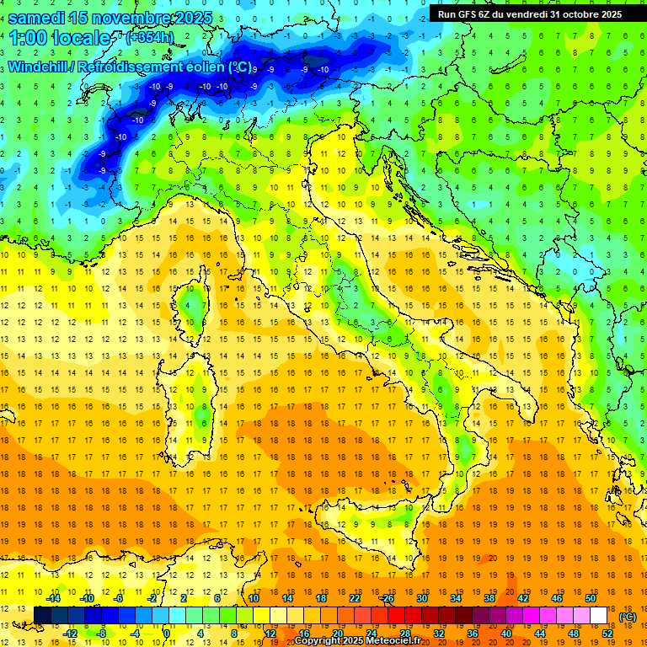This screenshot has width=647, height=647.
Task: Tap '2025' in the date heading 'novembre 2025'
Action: click(190, 18)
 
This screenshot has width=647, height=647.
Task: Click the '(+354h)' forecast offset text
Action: click(150, 38)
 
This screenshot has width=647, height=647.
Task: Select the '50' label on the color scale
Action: click(590, 597)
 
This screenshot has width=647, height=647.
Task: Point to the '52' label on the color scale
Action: click(607, 634)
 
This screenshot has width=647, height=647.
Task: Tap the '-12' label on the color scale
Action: click(70, 634)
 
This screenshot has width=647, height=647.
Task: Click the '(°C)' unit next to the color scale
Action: click(628, 617)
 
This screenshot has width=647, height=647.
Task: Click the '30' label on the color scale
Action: click(422, 597)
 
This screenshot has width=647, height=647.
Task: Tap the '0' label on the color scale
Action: click(167, 634)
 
